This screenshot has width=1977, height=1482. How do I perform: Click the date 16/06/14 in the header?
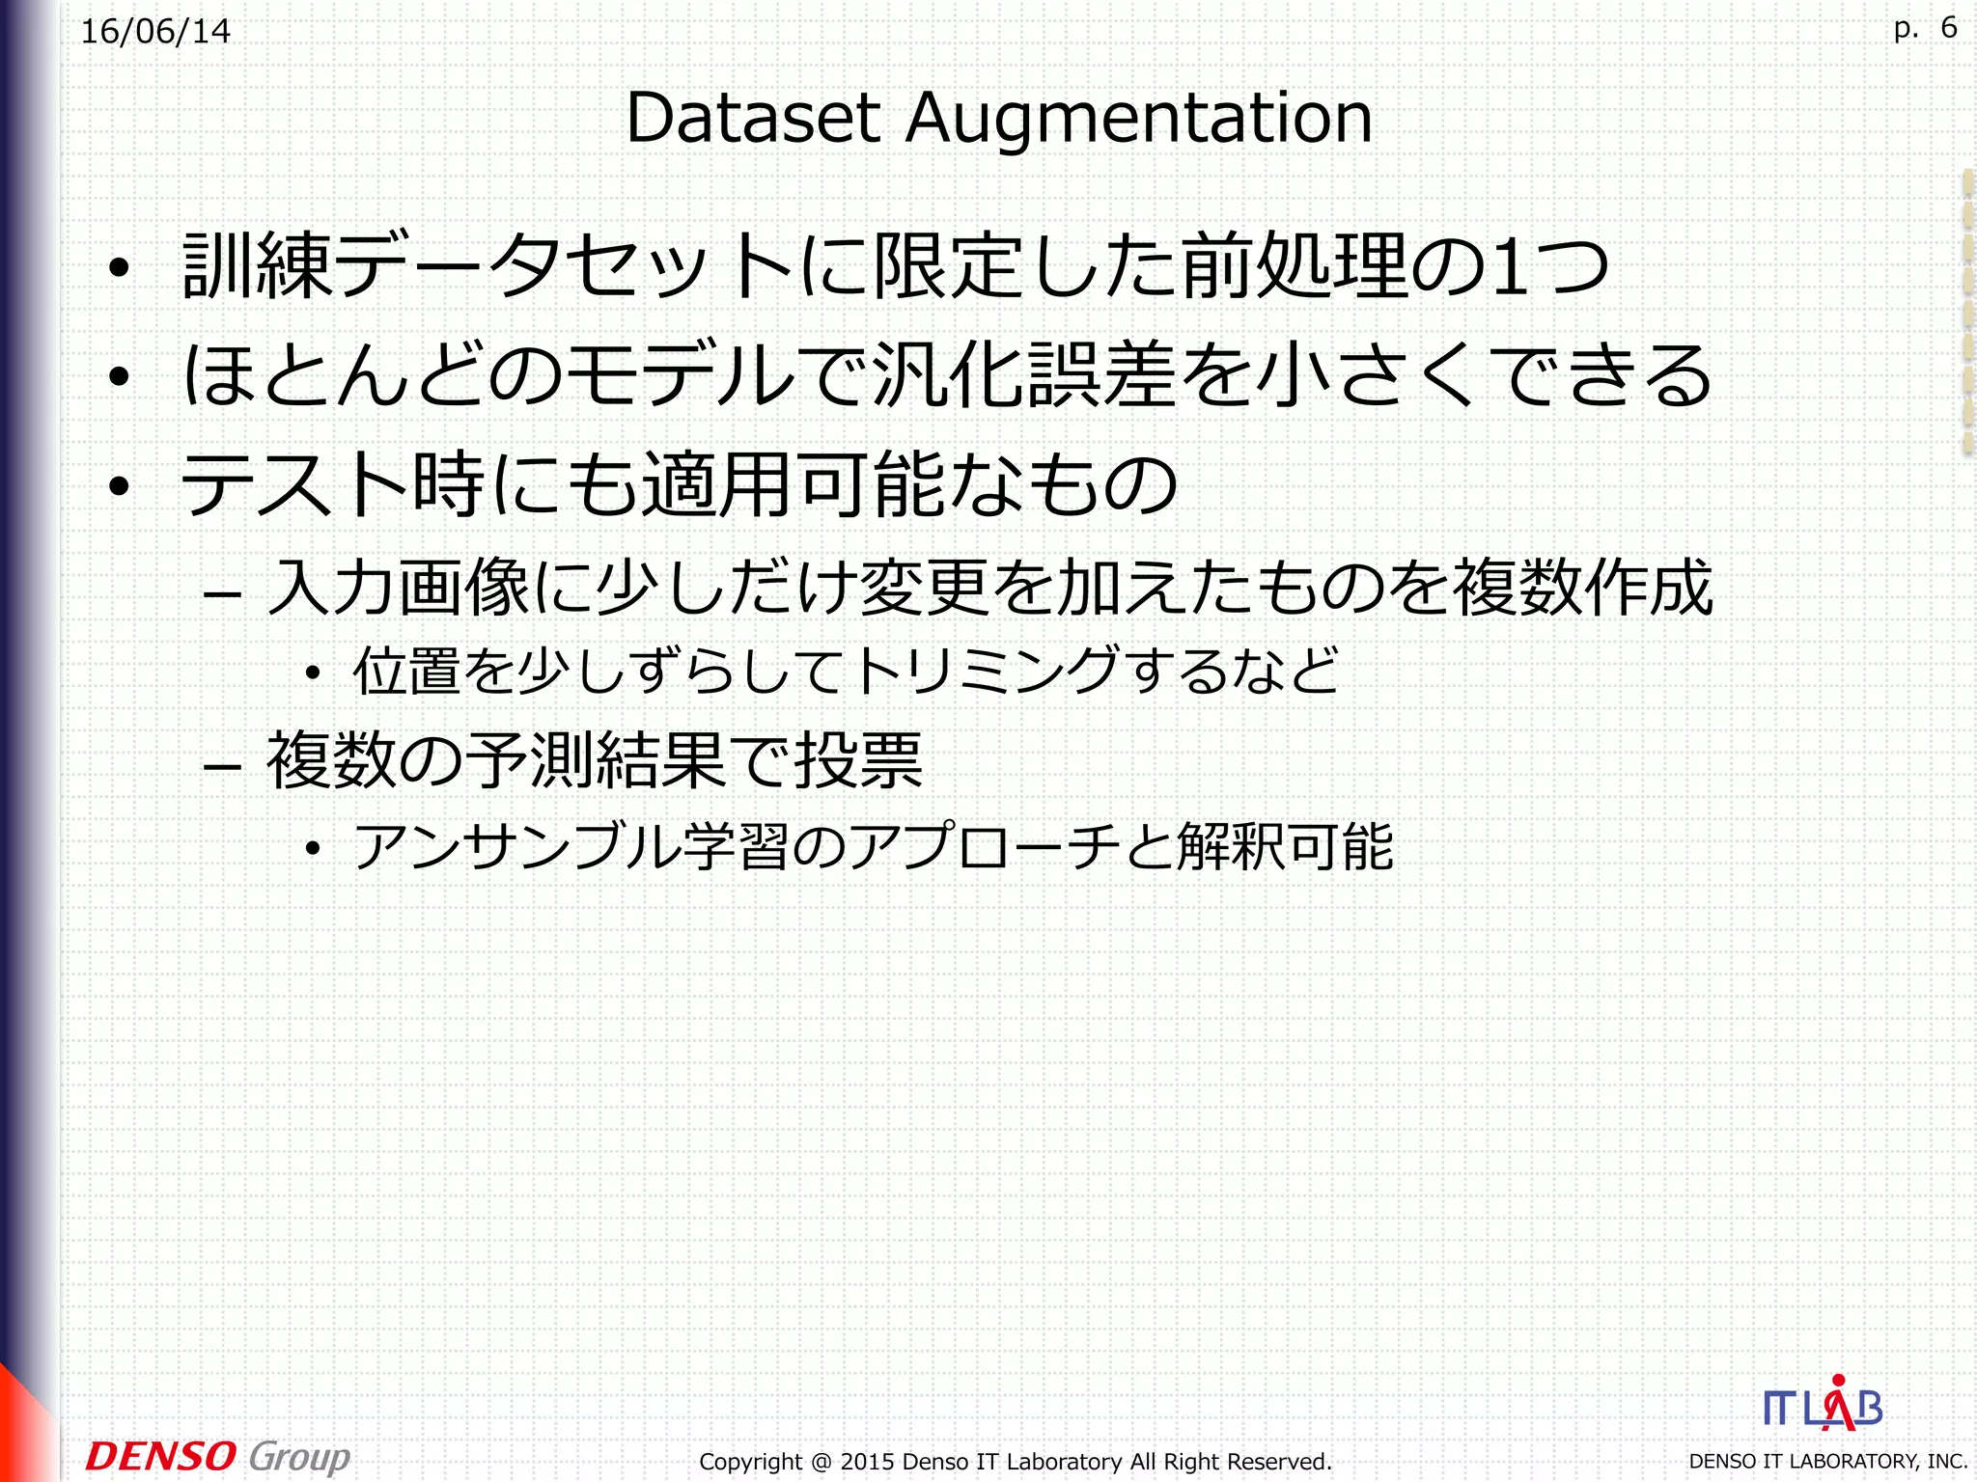click(155, 32)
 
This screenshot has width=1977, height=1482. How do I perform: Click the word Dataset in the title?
click(753, 118)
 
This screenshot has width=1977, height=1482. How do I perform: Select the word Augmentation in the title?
click(1138, 120)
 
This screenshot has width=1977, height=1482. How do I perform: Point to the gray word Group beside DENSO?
click(299, 1458)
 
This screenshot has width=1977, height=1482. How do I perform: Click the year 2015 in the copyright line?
click(866, 1462)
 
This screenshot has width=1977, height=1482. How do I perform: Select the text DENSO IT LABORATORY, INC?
click(1827, 1462)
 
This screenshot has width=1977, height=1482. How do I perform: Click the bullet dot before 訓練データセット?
click(119, 270)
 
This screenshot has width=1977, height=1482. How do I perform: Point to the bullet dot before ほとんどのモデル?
click(119, 377)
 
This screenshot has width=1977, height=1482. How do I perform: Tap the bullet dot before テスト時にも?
click(119, 486)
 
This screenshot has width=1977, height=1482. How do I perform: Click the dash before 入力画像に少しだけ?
click(222, 593)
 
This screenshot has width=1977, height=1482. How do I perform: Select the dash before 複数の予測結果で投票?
click(222, 767)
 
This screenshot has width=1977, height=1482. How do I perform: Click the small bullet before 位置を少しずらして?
click(312, 674)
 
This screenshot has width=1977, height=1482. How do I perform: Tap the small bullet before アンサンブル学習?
click(312, 850)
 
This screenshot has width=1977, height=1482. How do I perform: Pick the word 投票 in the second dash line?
click(858, 760)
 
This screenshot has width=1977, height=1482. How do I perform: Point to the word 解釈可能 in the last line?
click(1285, 847)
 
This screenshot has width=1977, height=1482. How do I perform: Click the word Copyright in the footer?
click(750, 1462)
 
